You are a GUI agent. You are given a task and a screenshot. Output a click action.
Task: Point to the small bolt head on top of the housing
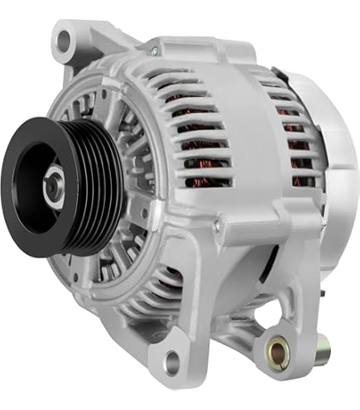tap(154, 51)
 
